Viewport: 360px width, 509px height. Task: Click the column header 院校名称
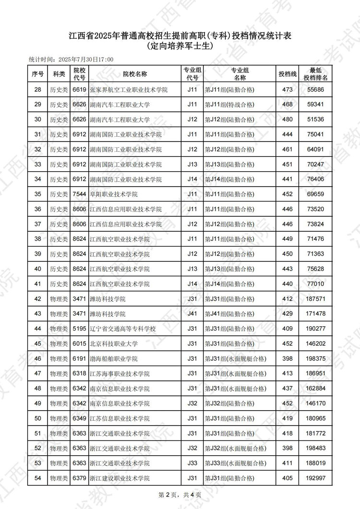click(x=134, y=74)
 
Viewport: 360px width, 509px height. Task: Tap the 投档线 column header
click(x=288, y=74)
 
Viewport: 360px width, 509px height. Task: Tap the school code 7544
click(x=79, y=194)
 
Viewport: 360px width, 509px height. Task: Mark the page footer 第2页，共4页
click(x=180, y=495)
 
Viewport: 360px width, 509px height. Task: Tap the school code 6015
click(x=79, y=343)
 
